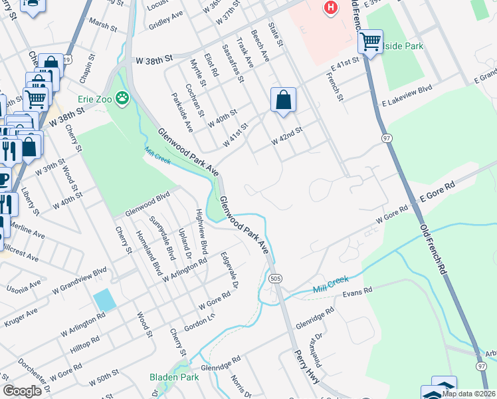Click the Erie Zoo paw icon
tap(122, 99)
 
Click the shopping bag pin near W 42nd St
tap(283, 100)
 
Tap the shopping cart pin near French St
tap(370, 41)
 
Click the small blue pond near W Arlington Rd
tap(104, 299)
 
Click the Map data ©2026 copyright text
tap(468, 394)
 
